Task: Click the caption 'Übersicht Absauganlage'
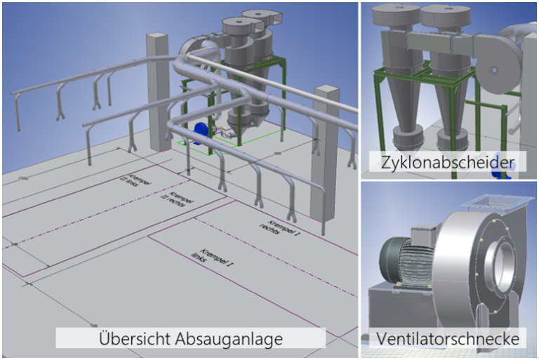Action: pyautogui.click(x=190, y=339)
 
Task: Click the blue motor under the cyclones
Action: pyautogui.click(x=201, y=129)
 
